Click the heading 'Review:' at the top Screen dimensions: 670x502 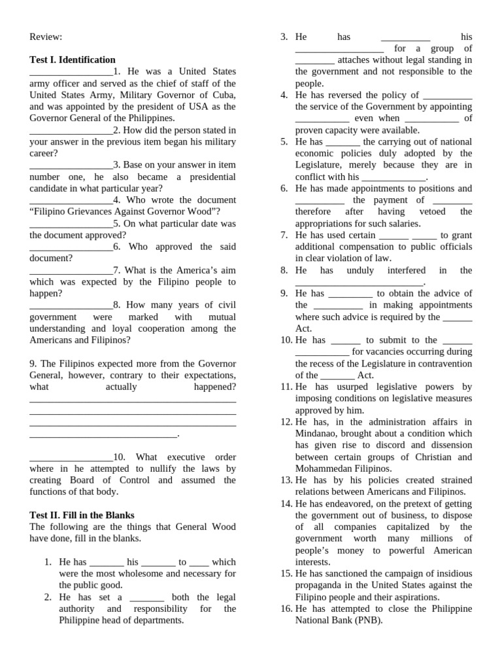coord(46,37)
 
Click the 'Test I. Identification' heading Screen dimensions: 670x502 coord(73,60)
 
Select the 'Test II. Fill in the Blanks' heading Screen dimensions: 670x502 coord(82,515)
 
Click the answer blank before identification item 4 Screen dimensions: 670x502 coord(71,200)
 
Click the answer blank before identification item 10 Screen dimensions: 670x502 coord(71,457)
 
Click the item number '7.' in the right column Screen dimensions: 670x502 coord(284,235)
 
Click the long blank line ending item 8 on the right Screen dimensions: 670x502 coord(360,282)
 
